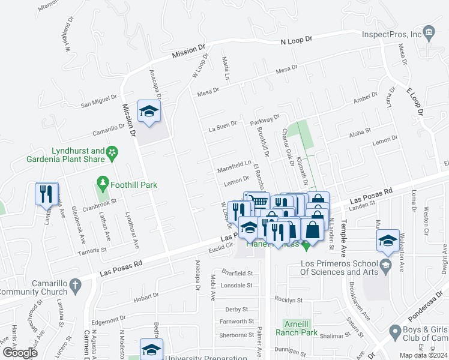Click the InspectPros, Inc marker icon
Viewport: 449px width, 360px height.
[x=429, y=32]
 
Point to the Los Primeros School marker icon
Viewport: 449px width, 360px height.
[x=385, y=265]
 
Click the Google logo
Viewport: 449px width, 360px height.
[x=20, y=353]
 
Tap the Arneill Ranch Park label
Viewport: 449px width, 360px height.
[x=296, y=327]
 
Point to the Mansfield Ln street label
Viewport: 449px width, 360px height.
[x=234, y=164]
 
